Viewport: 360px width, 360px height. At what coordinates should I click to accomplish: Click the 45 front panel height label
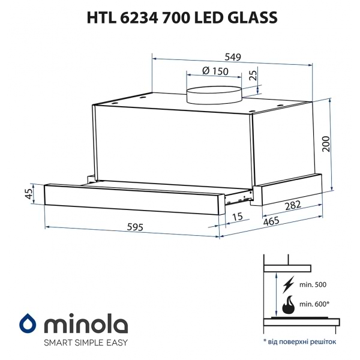click(28, 194)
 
